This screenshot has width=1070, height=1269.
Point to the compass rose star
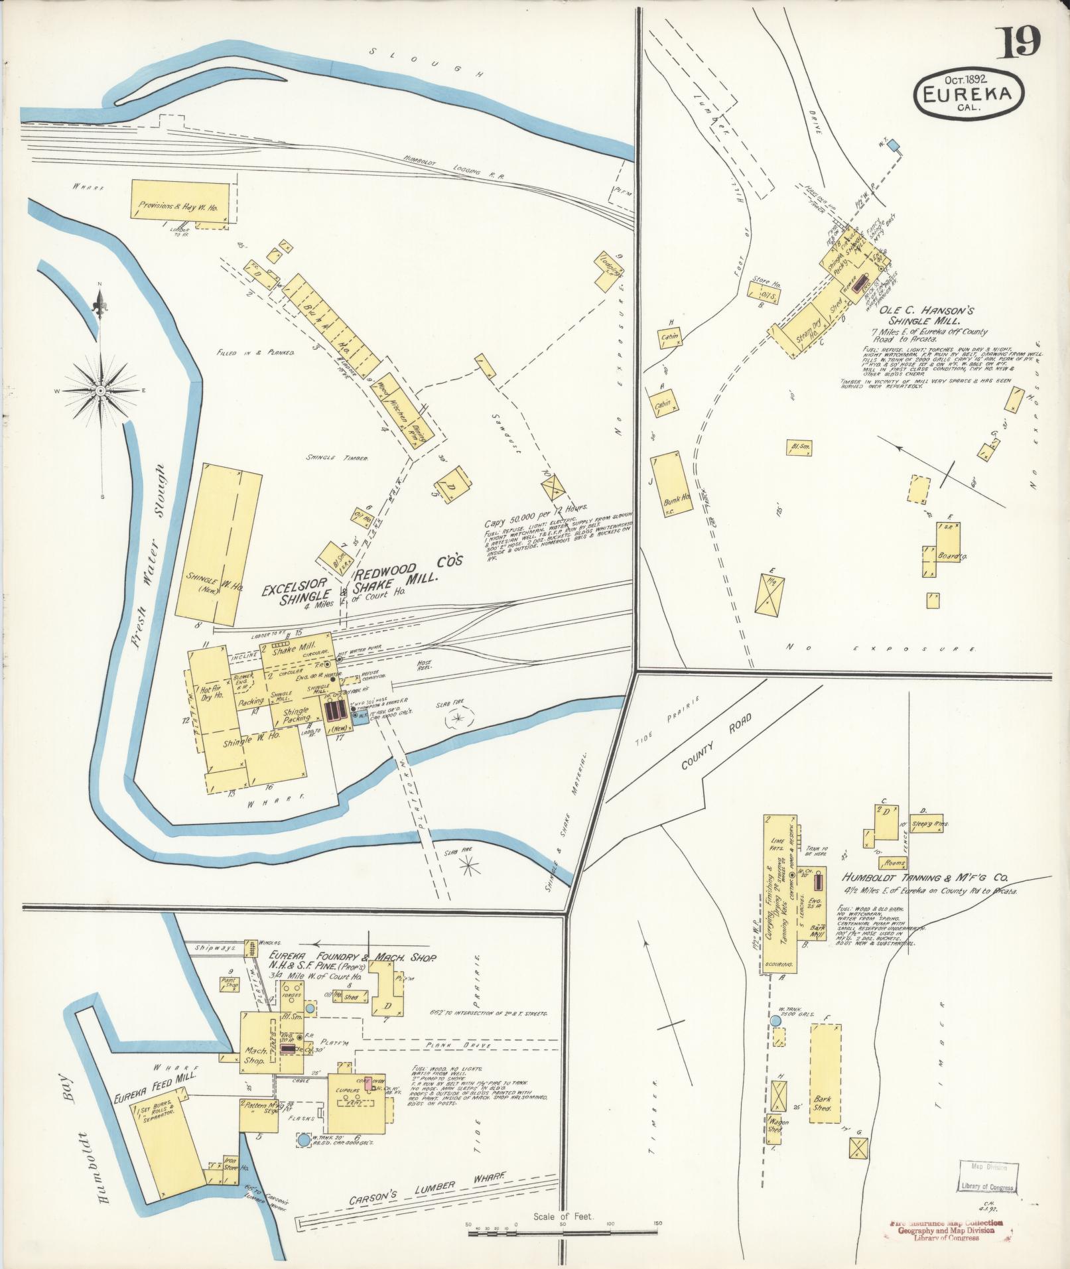tap(100, 391)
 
